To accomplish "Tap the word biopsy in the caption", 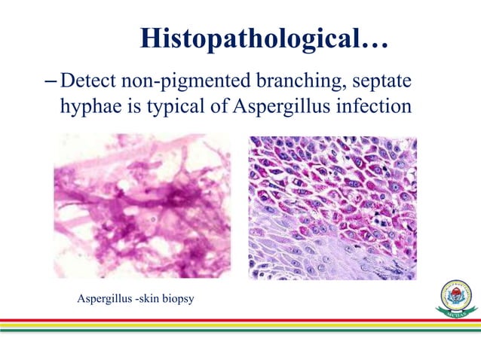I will (x=178, y=300).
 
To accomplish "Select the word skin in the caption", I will (x=152, y=300).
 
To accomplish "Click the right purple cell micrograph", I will (x=332, y=207).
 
